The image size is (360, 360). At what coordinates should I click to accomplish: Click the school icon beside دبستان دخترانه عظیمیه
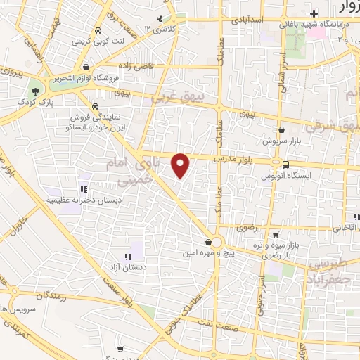[83, 188]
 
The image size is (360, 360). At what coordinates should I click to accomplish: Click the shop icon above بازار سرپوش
[281, 129]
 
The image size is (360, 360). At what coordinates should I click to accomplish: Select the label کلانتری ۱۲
[160, 29]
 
